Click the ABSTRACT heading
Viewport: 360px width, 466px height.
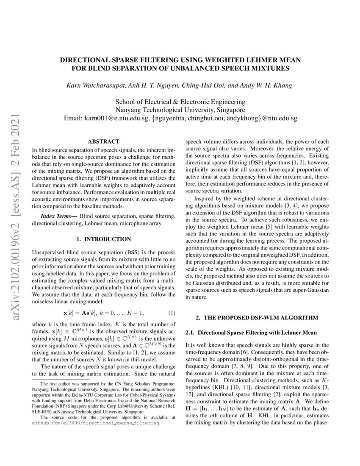pyautogui.click(x=103, y=141)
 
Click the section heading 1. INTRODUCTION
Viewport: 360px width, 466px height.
pyautogui.click(x=103, y=239)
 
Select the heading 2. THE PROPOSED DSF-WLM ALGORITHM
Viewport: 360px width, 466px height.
pyautogui.click(x=257, y=318)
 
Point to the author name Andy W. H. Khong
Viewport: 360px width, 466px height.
pyautogui.click(x=266, y=86)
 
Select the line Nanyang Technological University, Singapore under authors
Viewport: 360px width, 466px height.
pyautogui.click(x=180, y=110)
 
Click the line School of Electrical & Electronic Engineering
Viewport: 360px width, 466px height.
pyautogui.click(x=180, y=102)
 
